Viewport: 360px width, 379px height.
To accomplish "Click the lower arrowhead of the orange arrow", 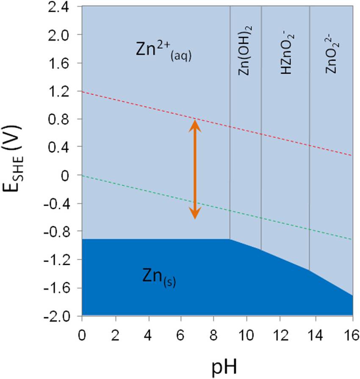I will point(195,215).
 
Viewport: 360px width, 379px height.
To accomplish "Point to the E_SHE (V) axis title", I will point(19,163).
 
